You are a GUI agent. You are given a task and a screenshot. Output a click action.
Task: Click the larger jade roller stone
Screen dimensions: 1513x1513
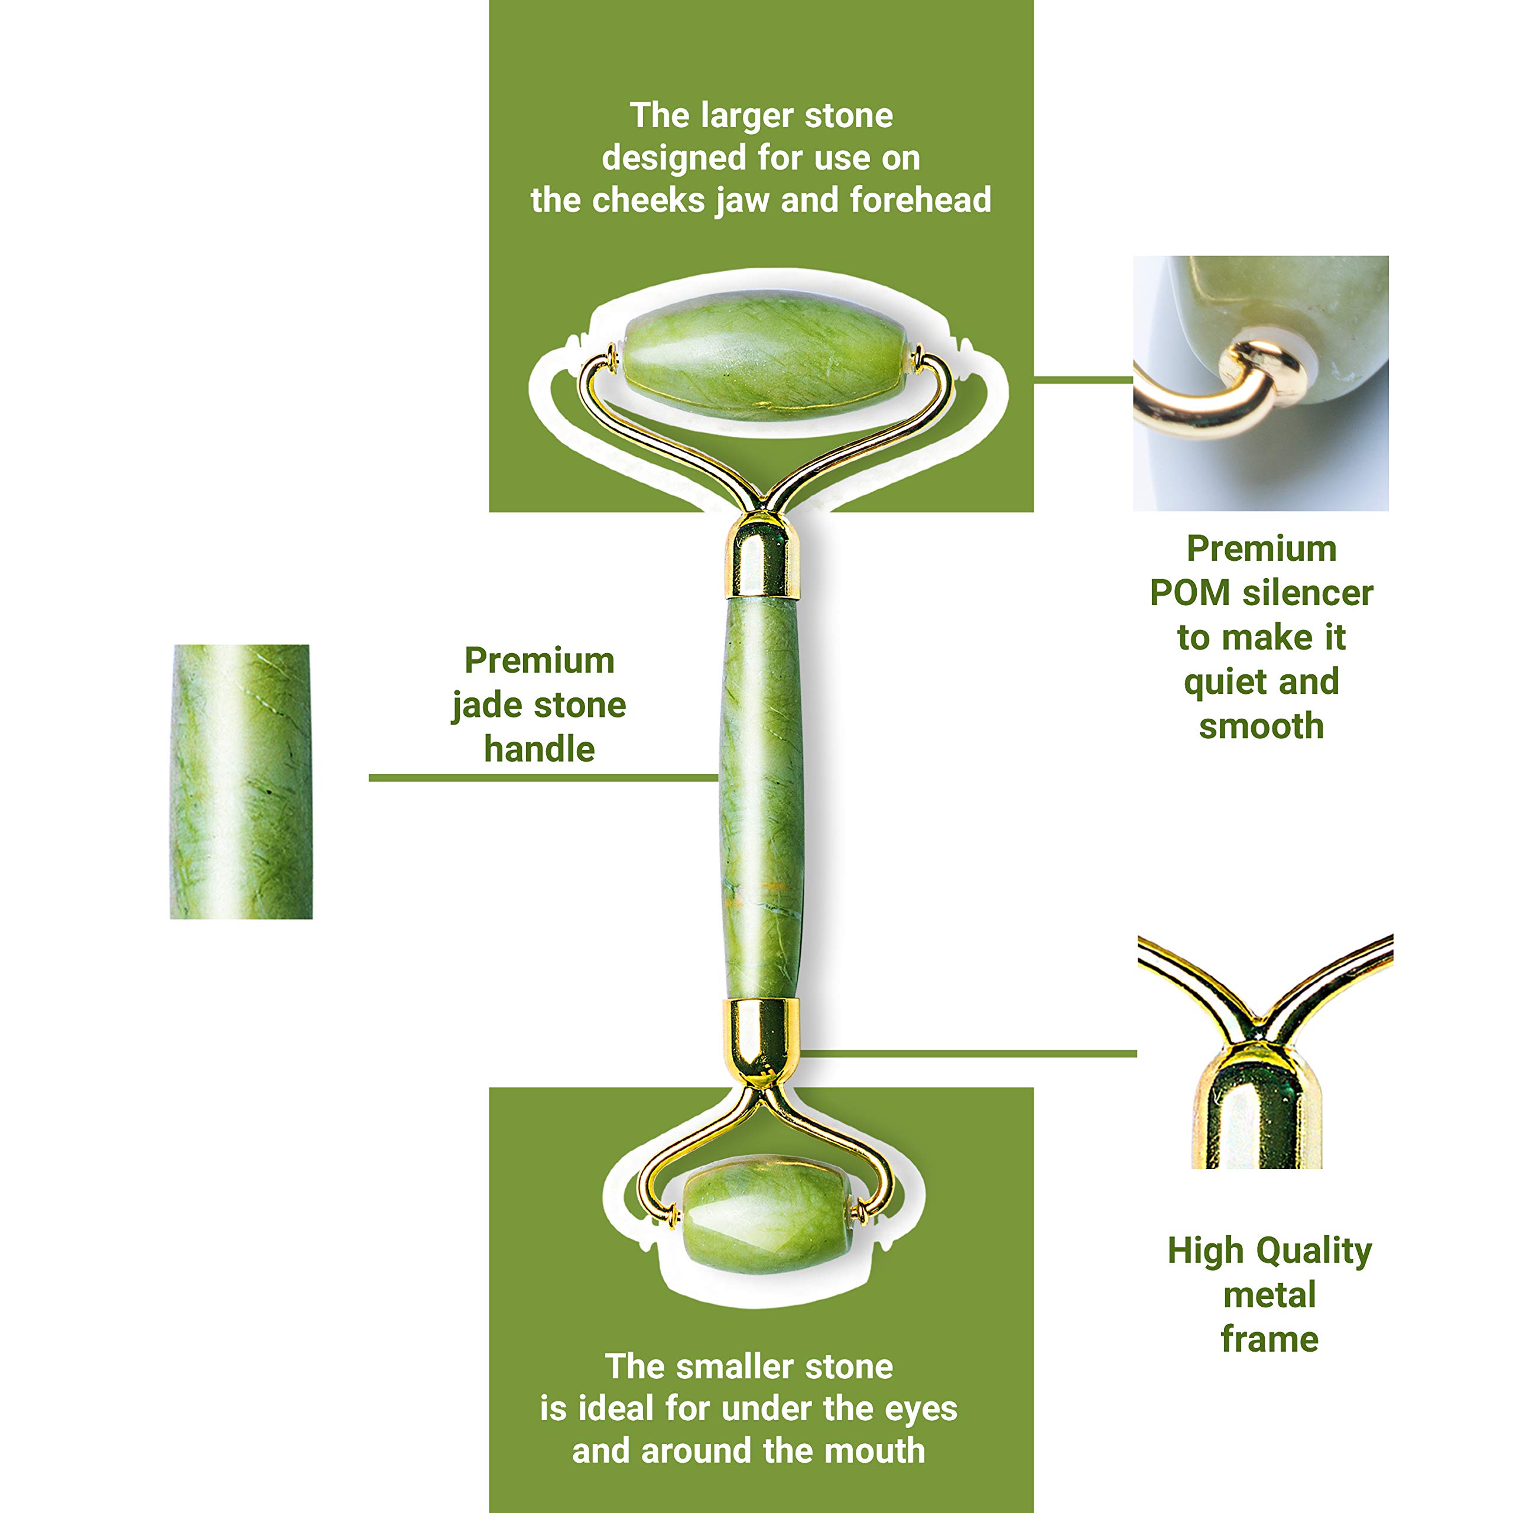click(765, 356)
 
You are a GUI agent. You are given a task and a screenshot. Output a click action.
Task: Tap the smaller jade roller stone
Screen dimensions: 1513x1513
click(766, 1215)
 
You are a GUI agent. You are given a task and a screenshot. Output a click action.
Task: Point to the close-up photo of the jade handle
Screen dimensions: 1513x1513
click(241, 781)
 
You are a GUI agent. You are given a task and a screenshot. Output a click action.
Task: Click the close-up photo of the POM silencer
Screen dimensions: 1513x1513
click(1261, 383)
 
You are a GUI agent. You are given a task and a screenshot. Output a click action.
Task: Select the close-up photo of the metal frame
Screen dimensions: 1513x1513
click(1265, 1052)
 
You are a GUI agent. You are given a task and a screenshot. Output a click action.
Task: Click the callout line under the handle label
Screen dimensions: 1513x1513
click(544, 778)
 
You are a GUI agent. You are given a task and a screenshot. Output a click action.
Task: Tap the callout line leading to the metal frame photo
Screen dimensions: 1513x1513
click(969, 1053)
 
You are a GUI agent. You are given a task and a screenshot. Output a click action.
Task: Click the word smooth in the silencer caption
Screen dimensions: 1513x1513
click(1262, 727)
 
